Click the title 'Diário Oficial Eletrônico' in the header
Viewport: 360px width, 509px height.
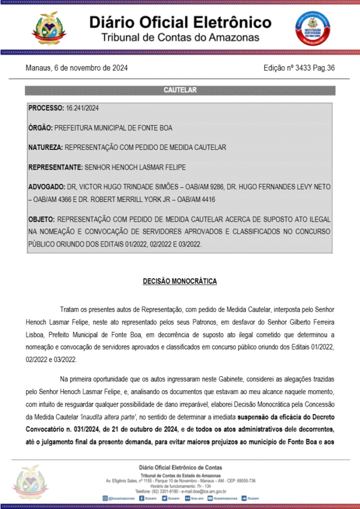coord(180,23)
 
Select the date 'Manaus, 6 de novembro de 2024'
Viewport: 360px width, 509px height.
coord(76,68)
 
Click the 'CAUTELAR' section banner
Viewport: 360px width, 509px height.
coord(180,90)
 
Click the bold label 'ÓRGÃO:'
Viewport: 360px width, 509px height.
coord(41,128)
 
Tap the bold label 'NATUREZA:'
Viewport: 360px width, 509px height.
coord(45,148)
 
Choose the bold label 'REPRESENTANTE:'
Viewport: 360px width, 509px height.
coord(55,167)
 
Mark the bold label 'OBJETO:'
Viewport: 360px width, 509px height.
coord(41,219)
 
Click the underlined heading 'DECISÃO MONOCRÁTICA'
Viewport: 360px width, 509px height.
coord(180,281)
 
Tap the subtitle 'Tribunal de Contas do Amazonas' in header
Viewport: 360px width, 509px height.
coord(180,38)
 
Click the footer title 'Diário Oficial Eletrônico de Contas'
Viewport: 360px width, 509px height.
coord(180,467)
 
